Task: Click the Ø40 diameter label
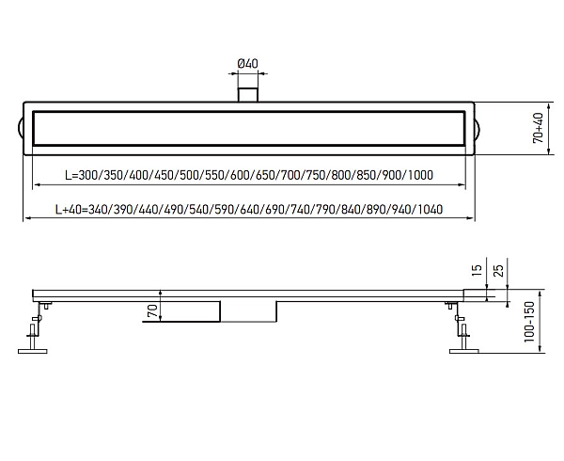point(248,64)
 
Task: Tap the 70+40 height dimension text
point(538,128)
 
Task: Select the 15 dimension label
point(477,270)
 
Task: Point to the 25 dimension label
point(498,271)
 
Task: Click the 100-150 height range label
point(529,322)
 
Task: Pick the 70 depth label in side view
point(152,310)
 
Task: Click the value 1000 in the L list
point(420,175)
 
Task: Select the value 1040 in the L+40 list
point(431,209)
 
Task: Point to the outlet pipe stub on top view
point(248,94)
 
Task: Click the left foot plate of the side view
point(32,351)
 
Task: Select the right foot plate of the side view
point(464,351)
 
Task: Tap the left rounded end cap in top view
point(21,129)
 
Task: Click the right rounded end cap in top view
point(478,129)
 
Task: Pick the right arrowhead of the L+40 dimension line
point(471,218)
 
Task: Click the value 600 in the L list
point(240,175)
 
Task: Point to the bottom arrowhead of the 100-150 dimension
point(540,348)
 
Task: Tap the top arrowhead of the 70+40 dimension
point(549,107)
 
